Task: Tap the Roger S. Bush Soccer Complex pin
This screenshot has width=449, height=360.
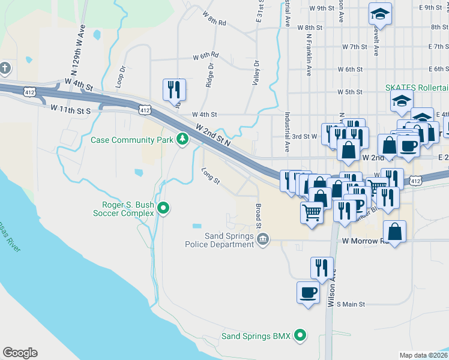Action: tap(163, 209)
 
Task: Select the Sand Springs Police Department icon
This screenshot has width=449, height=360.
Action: tap(262, 240)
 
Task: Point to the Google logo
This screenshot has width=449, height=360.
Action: tap(20, 353)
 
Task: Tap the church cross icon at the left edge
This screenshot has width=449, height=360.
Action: tap(5, 67)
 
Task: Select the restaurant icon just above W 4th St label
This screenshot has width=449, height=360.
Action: tap(174, 90)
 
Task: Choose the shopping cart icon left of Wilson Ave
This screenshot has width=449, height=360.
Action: tap(312, 212)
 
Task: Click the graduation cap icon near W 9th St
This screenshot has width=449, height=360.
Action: tap(379, 13)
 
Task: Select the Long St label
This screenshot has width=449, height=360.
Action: tap(211, 176)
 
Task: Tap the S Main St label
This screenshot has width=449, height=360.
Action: tap(351, 304)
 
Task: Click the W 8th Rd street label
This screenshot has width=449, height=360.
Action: tap(214, 19)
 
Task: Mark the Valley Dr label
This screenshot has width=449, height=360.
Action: tap(256, 72)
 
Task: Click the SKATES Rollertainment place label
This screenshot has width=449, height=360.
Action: tap(417, 88)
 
